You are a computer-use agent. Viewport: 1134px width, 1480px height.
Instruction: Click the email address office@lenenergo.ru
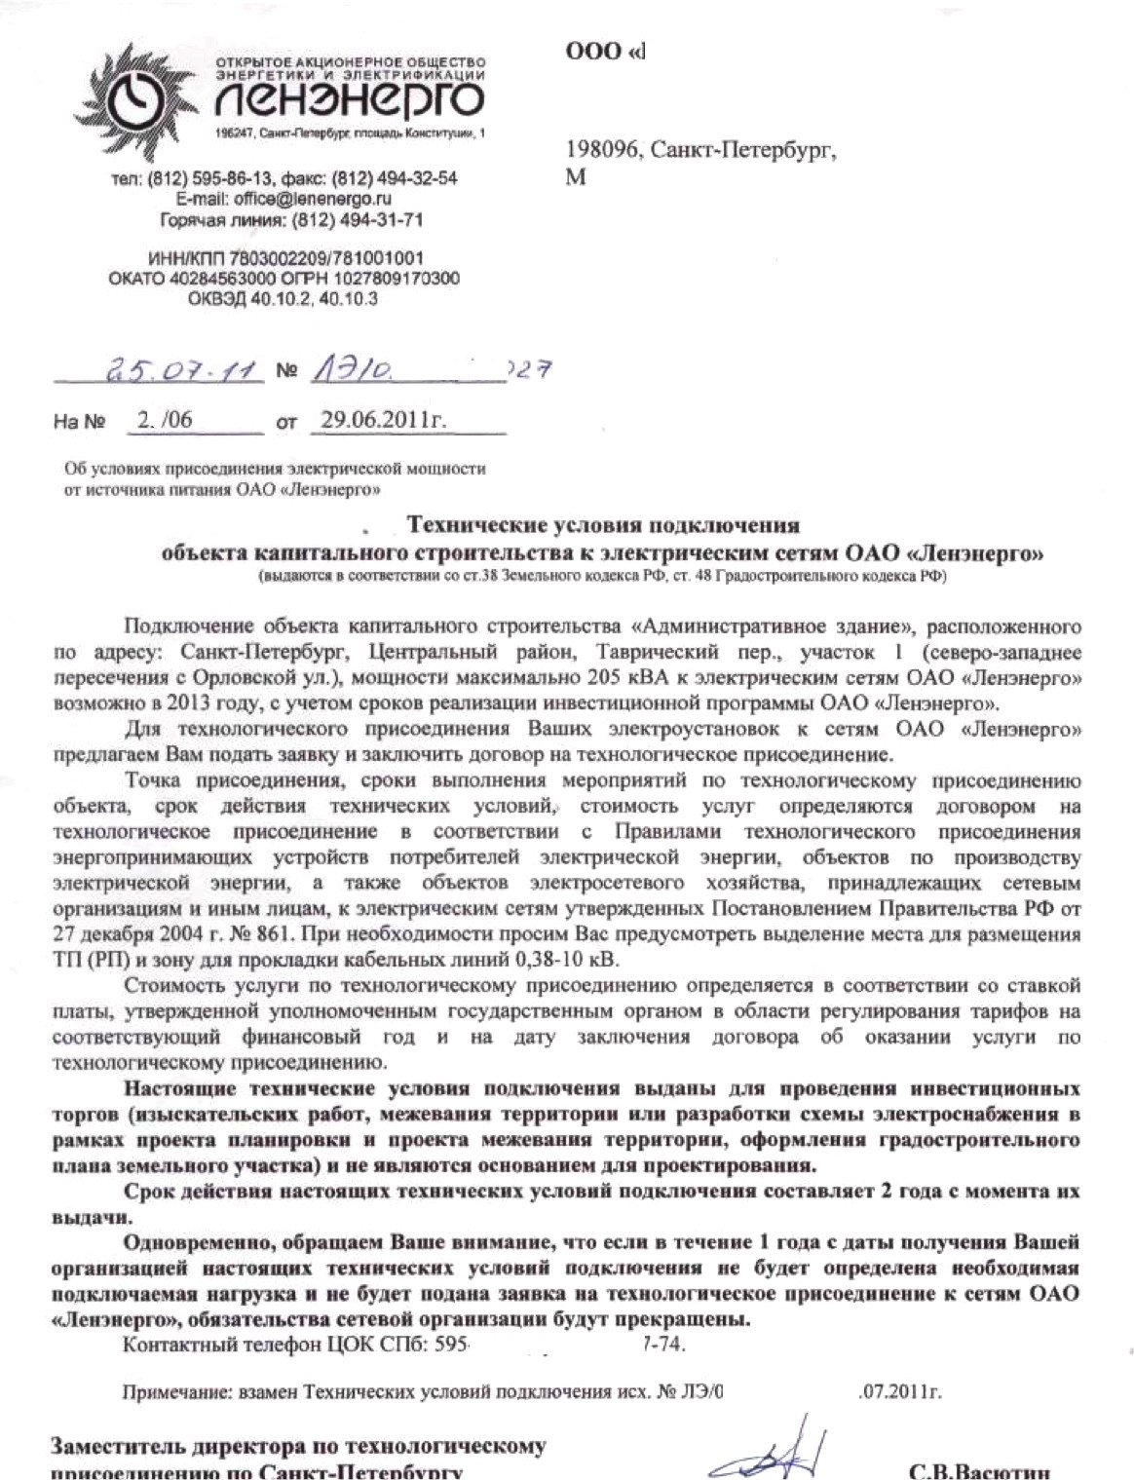click(313, 199)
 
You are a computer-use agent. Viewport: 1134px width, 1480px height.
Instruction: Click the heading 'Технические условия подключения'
click(603, 526)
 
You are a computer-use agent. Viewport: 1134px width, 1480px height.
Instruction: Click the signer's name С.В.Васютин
click(979, 1469)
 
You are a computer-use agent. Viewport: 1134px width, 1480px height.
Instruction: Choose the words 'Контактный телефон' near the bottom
click(207, 1346)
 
